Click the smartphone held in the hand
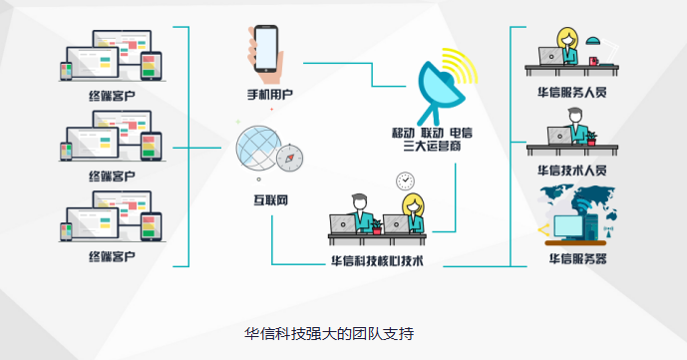point(266,49)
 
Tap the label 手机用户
point(270,94)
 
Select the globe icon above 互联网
point(258,148)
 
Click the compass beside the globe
point(289,159)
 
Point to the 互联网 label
point(271,200)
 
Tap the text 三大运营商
point(432,146)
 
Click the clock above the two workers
point(405,180)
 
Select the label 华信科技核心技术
point(377,261)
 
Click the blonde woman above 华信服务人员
point(567,46)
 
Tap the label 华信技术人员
point(572,171)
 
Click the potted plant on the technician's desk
point(591,139)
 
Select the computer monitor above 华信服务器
point(568,226)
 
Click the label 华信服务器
point(578,259)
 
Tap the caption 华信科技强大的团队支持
point(329,334)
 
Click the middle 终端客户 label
point(112,177)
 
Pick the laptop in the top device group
point(93,64)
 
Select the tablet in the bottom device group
point(151,226)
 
